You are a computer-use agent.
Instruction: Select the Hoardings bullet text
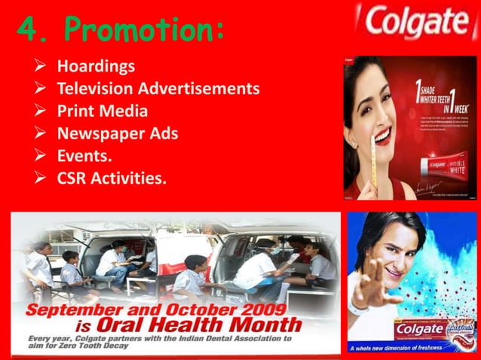[97, 66]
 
